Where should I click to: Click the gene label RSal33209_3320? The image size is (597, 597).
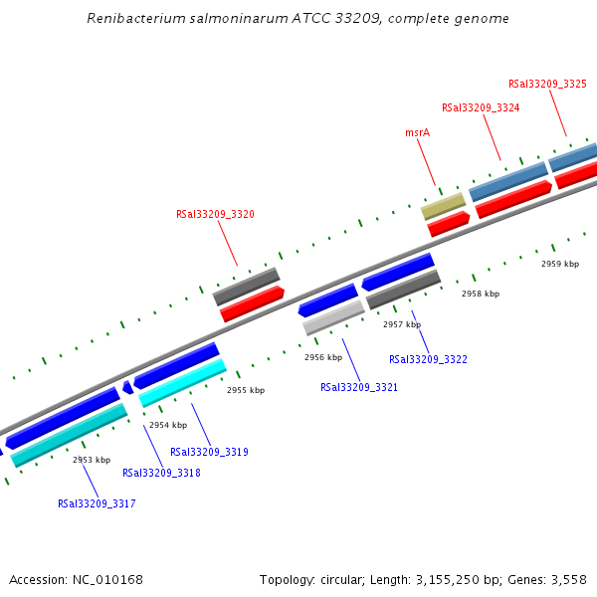pos(215,214)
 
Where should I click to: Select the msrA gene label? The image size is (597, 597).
pos(418,132)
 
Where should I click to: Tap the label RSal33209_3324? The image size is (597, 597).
pos(481,107)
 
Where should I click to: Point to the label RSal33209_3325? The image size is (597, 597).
pos(547,85)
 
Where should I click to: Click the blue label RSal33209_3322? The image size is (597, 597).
pos(428,359)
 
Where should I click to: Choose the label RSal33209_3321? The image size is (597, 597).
pos(359,387)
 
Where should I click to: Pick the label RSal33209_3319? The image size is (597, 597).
pos(209,452)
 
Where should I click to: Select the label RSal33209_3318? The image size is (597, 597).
pos(161,473)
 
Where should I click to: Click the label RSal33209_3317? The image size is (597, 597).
pos(97,503)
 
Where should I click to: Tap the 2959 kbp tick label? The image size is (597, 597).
pos(560,264)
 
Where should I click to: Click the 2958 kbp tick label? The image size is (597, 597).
pos(481,294)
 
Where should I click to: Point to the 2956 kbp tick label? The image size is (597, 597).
pos(323,357)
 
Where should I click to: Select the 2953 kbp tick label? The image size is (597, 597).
pos(92,460)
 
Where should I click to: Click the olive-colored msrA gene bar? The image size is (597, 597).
pos(444,206)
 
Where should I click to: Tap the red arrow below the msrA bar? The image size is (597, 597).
pos(449,224)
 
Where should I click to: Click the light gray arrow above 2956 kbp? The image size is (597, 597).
pos(333,318)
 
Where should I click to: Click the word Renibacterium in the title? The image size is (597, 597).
pos(129,19)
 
